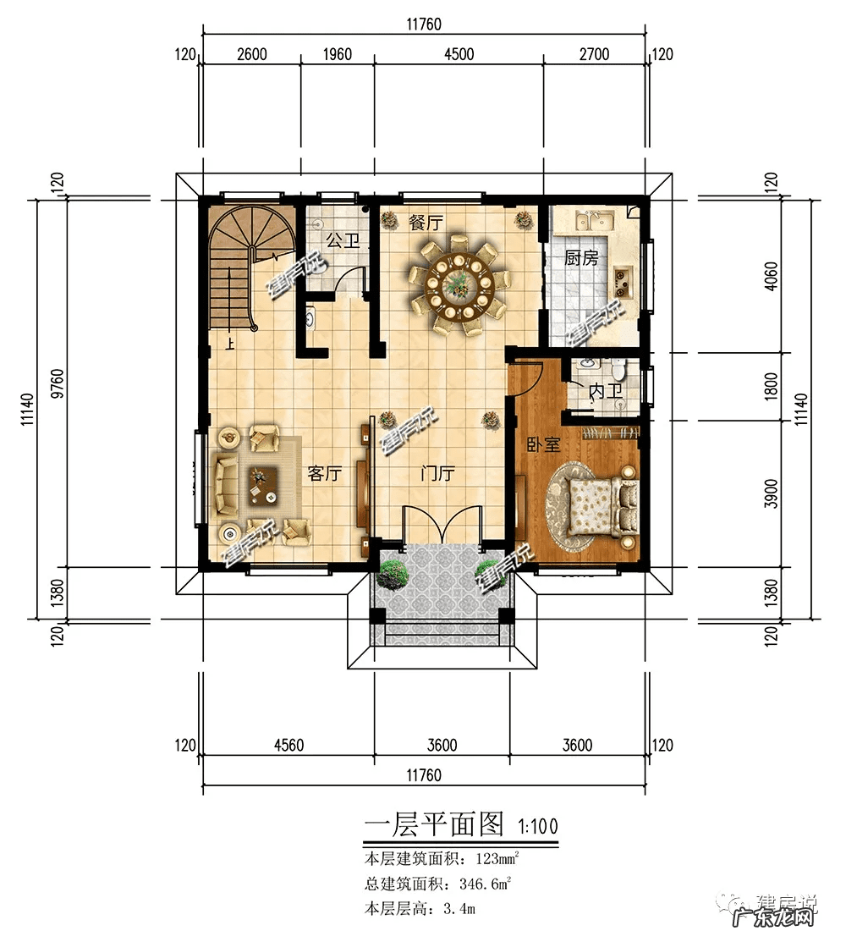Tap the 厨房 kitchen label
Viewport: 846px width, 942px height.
pyautogui.click(x=581, y=258)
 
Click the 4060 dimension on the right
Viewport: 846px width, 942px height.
pyautogui.click(x=770, y=275)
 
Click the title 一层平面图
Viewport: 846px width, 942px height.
pyautogui.click(x=433, y=824)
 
